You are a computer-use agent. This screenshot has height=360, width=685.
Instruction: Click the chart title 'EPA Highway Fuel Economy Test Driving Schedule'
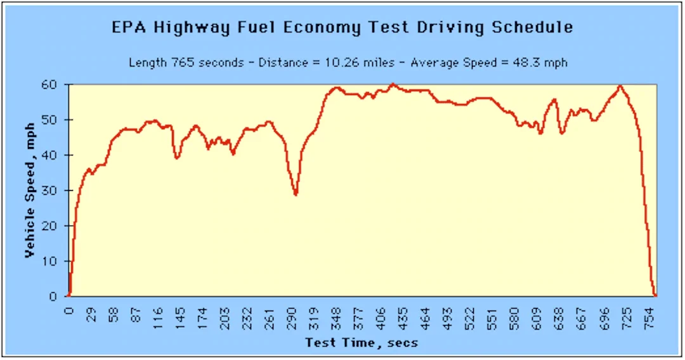[x=342, y=28]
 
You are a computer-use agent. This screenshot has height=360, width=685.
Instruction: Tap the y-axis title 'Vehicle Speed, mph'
[x=30, y=191]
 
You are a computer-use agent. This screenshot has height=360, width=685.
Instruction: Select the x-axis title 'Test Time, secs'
[x=362, y=343]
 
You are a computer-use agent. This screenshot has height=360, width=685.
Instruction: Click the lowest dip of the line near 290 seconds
[x=296, y=195]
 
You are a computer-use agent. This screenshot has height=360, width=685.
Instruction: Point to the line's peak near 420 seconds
[x=393, y=84]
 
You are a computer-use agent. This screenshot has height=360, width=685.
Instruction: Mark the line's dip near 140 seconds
[x=177, y=158]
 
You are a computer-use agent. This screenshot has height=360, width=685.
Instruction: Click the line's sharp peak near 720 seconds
[x=620, y=86]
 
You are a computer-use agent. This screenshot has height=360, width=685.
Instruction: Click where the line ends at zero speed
[x=655, y=295]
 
